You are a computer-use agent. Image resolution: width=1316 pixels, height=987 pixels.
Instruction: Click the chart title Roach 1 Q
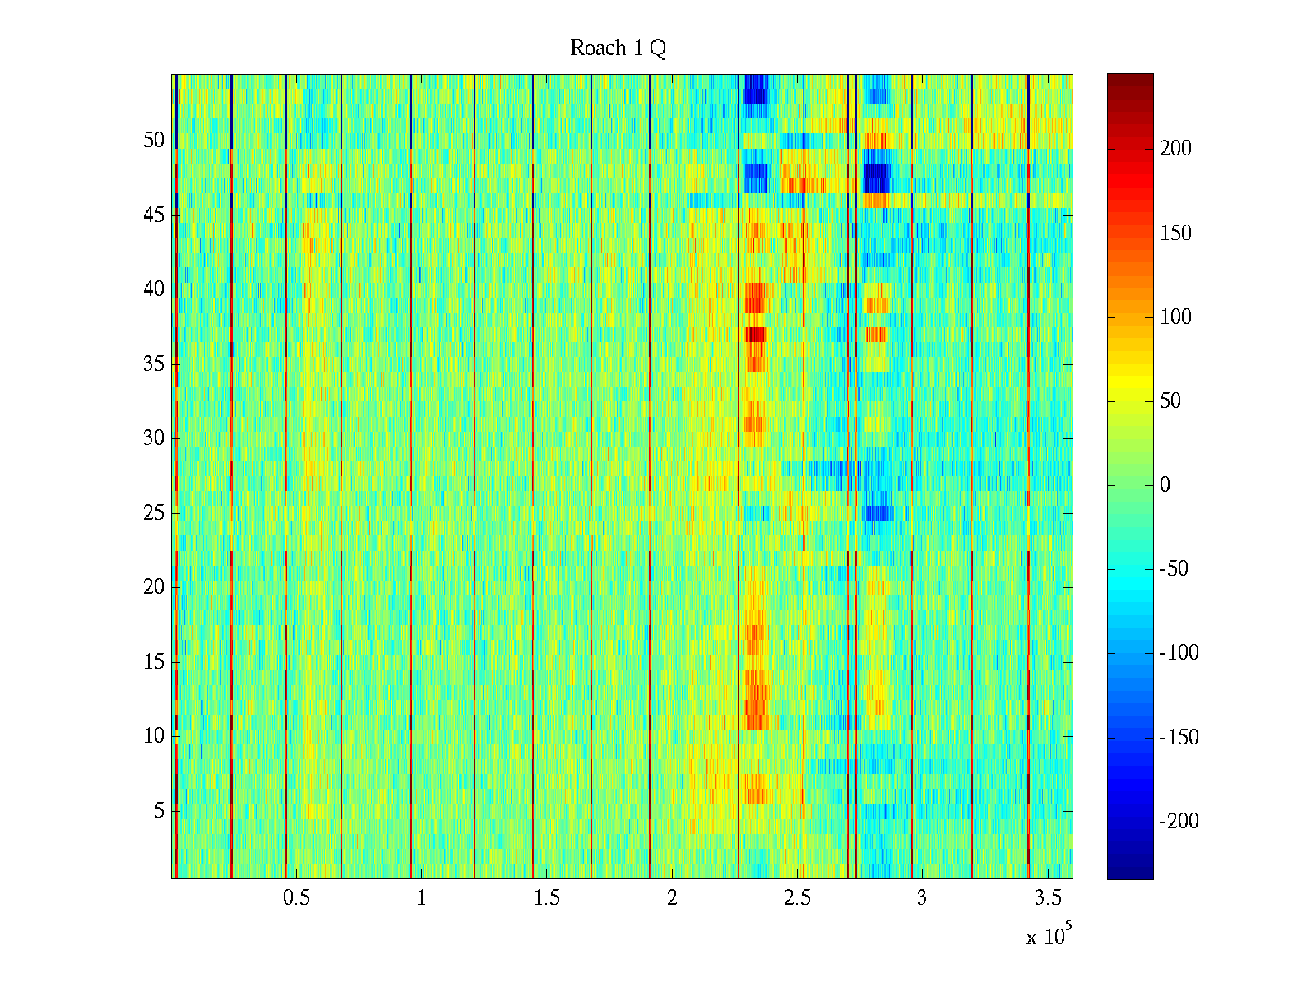[x=618, y=49]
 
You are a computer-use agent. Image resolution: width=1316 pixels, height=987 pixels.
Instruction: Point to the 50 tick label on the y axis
[x=154, y=141]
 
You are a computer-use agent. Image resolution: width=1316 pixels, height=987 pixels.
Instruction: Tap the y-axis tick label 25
[x=154, y=513]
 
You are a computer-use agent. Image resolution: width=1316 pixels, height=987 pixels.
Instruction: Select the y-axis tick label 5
[x=159, y=811]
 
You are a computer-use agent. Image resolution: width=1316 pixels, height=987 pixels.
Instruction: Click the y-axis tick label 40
[x=154, y=290]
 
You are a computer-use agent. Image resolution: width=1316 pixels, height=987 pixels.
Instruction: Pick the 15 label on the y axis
[x=154, y=662]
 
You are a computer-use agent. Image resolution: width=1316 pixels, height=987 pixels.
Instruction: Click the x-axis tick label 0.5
[x=297, y=898]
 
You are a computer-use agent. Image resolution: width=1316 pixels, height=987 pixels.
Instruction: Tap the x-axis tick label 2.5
[x=797, y=898]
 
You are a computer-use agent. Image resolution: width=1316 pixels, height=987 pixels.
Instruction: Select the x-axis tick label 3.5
[x=1047, y=898]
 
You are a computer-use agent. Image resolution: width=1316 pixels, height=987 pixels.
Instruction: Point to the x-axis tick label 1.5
[x=547, y=898]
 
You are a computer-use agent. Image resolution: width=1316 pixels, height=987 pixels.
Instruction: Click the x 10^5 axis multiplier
[x=1049, y=935]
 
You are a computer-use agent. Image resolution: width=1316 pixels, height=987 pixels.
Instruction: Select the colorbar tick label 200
[x=1175, y=149]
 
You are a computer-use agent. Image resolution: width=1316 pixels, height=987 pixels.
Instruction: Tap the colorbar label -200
[x=1179, y=821]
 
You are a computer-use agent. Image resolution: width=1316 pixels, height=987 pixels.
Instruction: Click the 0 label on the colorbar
[x=1165, y=485]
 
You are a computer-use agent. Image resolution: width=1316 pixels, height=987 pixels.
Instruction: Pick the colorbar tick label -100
[x=1179, y=653]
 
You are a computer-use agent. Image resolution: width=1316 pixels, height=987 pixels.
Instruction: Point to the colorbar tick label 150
[x=1175, y=234]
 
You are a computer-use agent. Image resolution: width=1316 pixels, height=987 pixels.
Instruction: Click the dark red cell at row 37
[x=755, y=335]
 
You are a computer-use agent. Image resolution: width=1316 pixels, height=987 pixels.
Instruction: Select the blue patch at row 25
[x=878, y=513]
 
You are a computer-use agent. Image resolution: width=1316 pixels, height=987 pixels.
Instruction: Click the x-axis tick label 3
[x=922, y=898]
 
